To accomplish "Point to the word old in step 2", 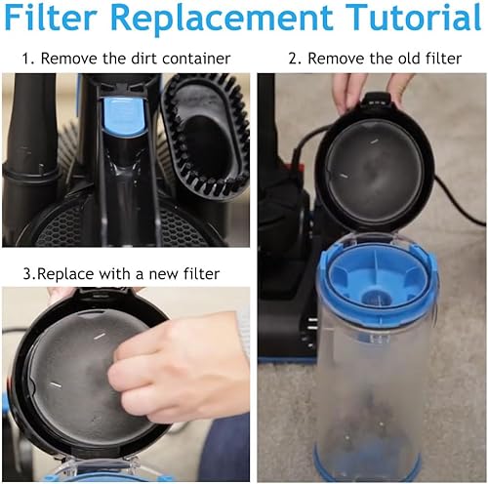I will point(384,60).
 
